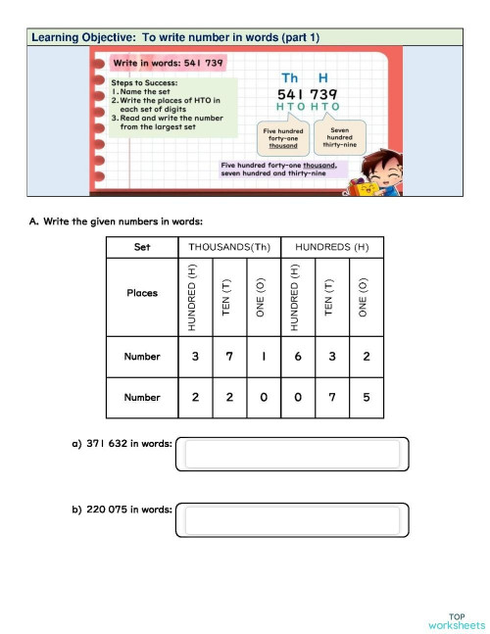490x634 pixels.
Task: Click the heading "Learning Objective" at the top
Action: pos(176,38)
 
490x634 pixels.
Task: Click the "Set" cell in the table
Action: pos(142,248)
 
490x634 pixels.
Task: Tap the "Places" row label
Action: pos(142,293)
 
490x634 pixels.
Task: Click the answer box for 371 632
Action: pos(292,455)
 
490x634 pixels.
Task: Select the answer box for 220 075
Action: pos(292,519)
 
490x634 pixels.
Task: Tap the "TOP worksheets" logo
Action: pos(456,619)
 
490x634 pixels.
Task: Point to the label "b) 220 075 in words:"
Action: pos(122,510)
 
